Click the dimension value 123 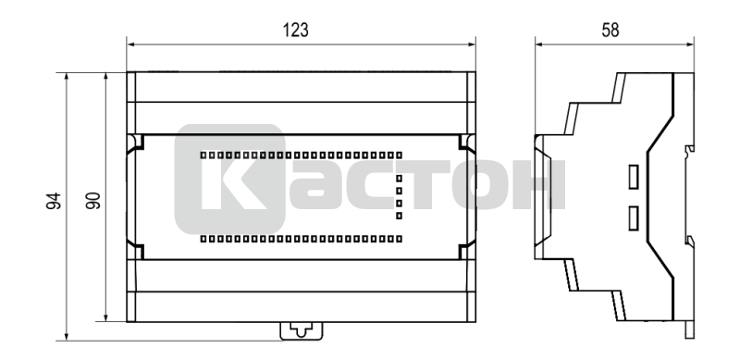coord(295,31)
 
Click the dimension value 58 coord(610,31)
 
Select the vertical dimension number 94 coord(54,201)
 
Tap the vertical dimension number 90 coord(93,201)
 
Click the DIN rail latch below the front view coord(302,330)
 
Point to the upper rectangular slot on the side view coord(633,177)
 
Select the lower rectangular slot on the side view coord(633,218)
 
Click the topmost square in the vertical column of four coord(400,179)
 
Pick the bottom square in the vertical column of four coord(400,216)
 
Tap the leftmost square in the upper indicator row coord(203,155)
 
